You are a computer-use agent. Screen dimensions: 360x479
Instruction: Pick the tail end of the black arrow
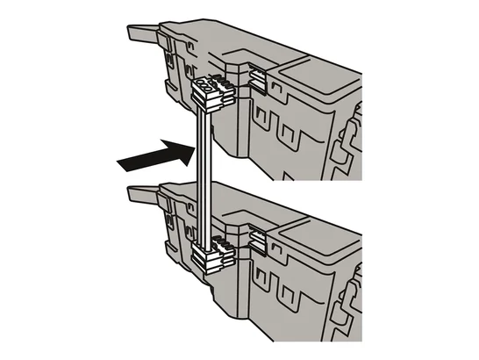click(119, 163)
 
